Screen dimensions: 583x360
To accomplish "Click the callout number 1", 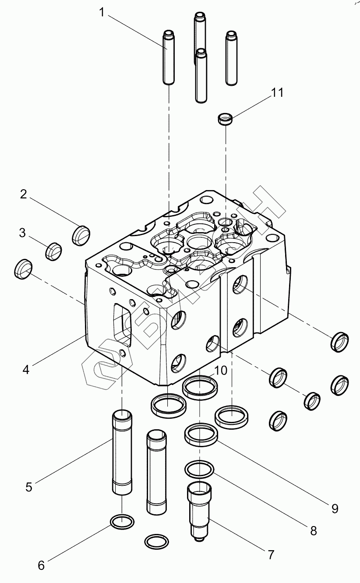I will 102,13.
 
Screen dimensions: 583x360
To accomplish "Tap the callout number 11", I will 277,93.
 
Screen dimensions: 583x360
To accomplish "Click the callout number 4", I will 26,370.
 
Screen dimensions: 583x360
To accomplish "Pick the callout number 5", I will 29,487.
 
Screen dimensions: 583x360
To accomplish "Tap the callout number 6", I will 41,565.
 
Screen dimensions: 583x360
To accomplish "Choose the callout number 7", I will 270,555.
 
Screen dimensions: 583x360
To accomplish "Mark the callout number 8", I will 313,531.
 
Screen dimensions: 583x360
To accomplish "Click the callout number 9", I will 335,509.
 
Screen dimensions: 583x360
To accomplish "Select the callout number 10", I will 221,371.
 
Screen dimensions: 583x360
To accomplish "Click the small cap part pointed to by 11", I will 225,119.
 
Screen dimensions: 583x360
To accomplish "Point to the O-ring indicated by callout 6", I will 121,522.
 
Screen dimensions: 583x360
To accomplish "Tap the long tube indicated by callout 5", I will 122,451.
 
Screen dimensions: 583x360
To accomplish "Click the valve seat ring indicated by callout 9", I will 201,434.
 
